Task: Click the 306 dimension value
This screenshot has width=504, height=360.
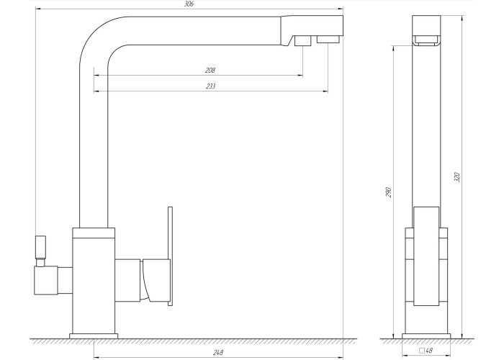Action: (x=189, y=4)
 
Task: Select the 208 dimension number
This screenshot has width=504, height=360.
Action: (x=210, y=71)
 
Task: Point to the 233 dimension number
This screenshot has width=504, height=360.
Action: (x=210, y=86)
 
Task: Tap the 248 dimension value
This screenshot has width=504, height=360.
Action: (x=218, y=352)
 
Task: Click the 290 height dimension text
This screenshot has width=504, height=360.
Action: (x=388, y=192)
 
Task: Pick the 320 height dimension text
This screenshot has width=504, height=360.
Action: (x=457, y=177)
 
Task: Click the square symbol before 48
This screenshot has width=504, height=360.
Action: (x=422, y=351)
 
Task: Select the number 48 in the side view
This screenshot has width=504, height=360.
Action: (x=429, y=351)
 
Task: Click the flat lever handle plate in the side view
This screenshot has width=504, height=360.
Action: (x=426, y=256)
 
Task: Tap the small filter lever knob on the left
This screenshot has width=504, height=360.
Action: (x=40, y=247)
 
